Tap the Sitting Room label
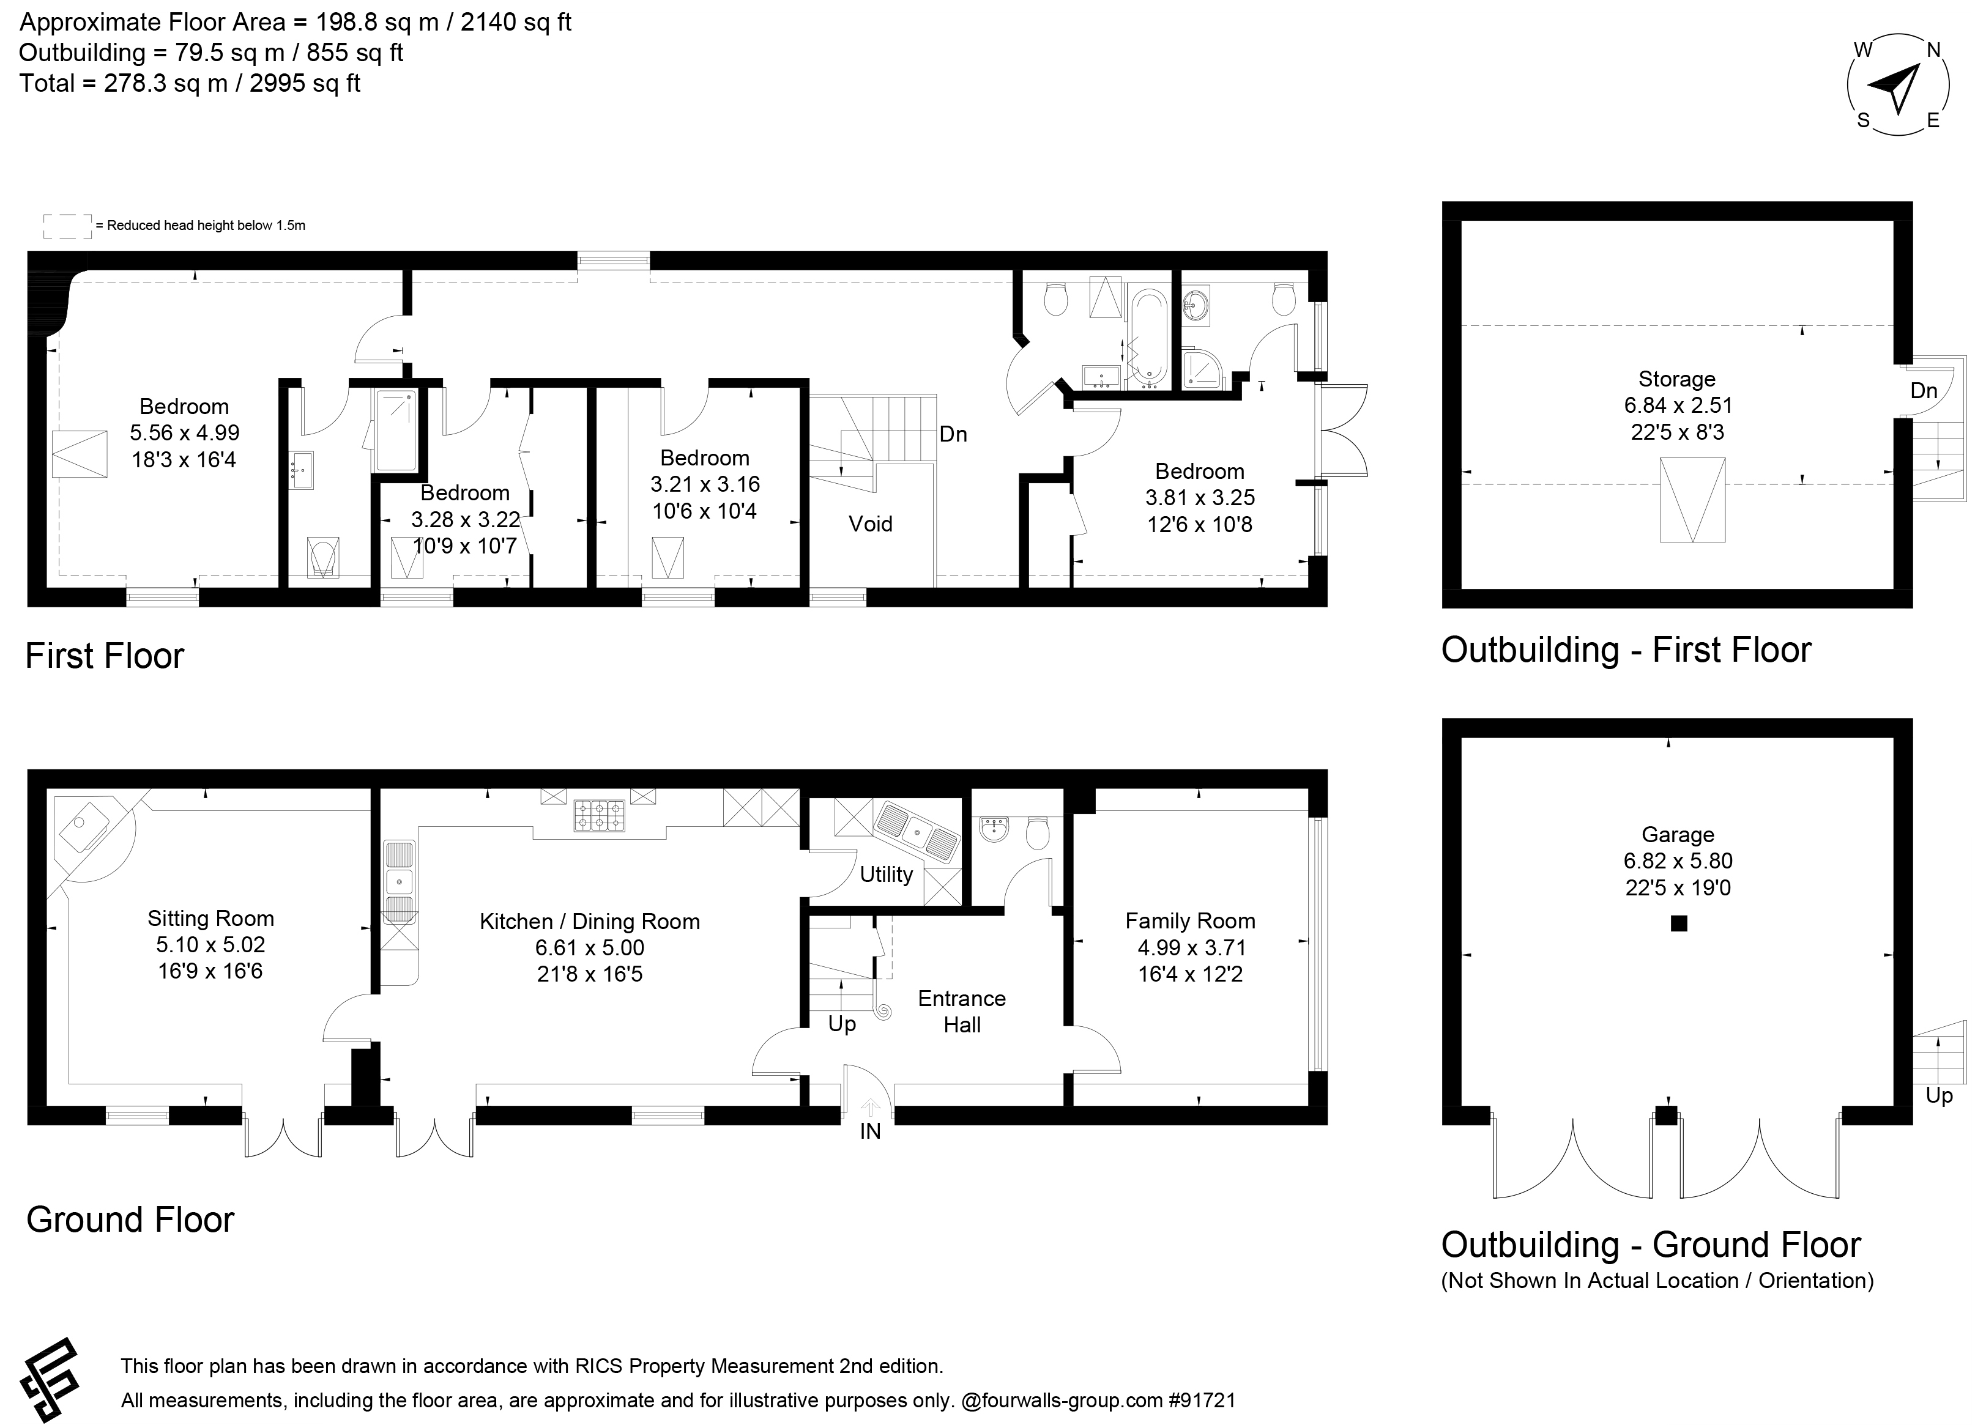210,919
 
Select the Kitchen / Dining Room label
590,922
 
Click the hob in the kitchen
599,816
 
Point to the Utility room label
887,874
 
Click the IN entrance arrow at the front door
870,1107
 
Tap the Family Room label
1191,921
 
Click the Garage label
1678,835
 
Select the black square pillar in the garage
1679,923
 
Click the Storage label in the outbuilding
1677,379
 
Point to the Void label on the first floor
871,523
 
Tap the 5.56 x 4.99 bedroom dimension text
185,432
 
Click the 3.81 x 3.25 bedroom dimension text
1200,498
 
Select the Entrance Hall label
962,1012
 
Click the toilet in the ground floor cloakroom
1037,832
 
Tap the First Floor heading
105,656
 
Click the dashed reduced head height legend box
67,226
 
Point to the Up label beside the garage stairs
1940,1095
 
